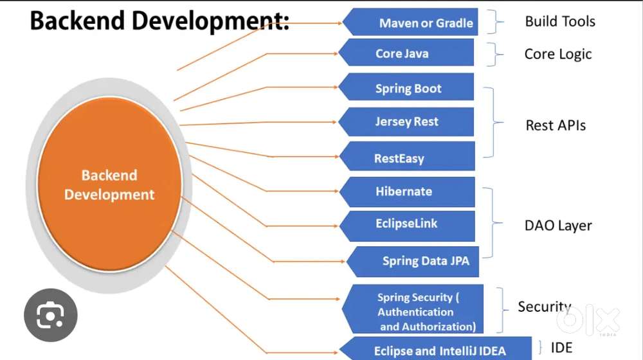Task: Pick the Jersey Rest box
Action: pos(407,122)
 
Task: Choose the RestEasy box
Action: pos(407,157)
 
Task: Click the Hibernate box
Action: pos(407,192)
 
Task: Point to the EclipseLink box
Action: pos(407,224)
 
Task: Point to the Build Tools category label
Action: pos(560,21)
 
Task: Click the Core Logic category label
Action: pos(558,54)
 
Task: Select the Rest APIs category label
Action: pos(556,125)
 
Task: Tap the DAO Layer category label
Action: pos(558,226)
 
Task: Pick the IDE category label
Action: pos(561,348)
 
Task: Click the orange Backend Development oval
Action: pos(109,185)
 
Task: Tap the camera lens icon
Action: pos(50,315)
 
